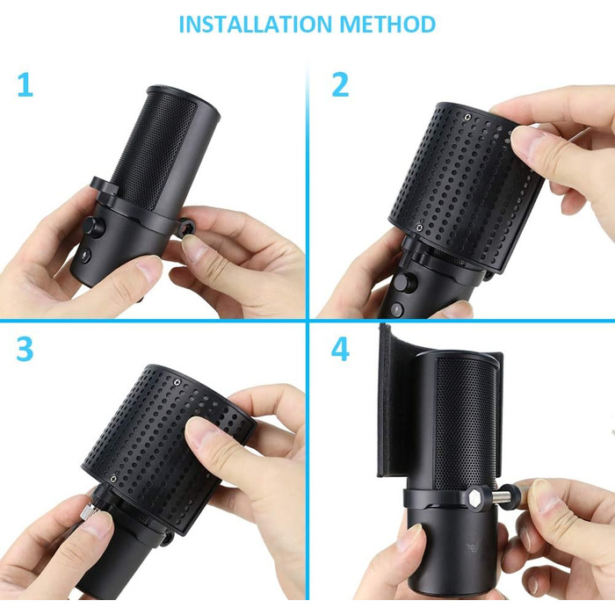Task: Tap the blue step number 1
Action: coord(25,85)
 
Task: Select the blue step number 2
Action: coord(340,85)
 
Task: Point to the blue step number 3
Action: coord(25,348)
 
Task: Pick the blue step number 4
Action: coord(340,348)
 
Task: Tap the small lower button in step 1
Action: coord(83,257)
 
